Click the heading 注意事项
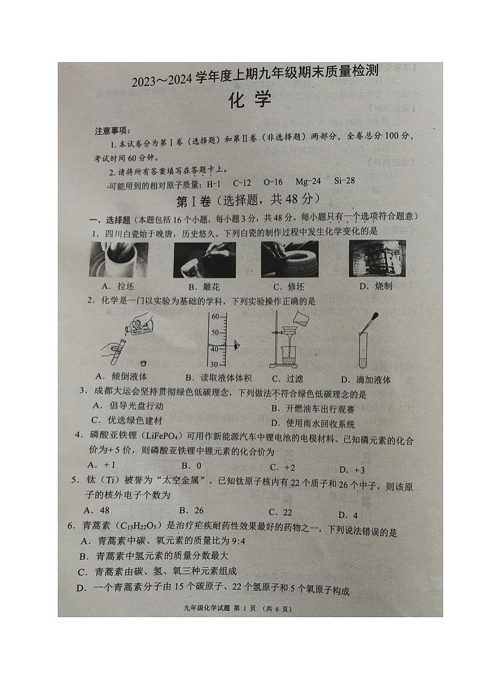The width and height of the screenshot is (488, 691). [x=111, y=130]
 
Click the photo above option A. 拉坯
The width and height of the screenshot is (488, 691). [x=119, y=259]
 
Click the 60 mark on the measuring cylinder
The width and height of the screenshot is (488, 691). [x=215, y=316]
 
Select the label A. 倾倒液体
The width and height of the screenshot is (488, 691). [x=121, y=376]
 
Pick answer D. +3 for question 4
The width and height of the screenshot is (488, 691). [x=352, y=469]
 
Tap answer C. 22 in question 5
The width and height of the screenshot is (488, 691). [x=280, y=512]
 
